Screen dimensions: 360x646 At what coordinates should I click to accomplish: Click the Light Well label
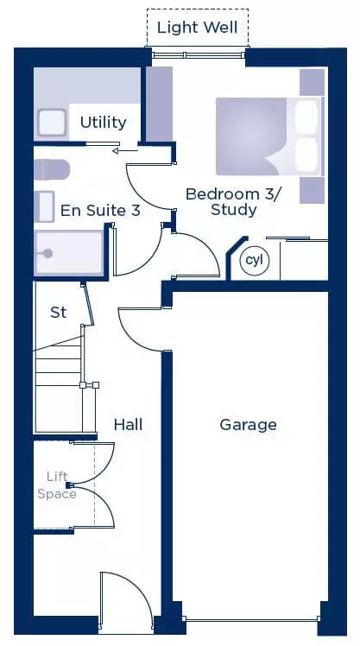coord(198,28)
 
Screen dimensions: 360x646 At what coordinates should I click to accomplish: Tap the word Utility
coord(103,123)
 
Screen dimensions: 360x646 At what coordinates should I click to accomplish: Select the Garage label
coord(248,425)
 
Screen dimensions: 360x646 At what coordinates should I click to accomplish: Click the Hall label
coord(128,424)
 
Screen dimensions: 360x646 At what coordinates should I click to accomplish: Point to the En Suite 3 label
coord(100,211)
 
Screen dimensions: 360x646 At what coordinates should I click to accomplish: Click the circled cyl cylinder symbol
coord(255,260)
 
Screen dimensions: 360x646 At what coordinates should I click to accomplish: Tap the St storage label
coord(58,313)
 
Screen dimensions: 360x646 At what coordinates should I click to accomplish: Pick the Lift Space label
coord(57,485)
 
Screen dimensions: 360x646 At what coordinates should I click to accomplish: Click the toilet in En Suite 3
coord(52,170)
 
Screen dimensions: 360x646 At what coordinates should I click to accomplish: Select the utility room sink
coord(52,123)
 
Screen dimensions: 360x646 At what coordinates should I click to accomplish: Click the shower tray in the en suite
coord(69,253)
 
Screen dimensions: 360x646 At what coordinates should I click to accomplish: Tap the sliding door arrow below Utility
coord(125,151)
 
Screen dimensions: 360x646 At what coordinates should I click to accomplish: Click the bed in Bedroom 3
coord(269,136)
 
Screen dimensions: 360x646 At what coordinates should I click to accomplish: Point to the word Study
coord(234,210)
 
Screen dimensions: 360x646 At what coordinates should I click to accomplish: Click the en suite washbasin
coord(45,206)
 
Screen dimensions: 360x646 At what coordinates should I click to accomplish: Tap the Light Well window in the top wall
coord(198,54)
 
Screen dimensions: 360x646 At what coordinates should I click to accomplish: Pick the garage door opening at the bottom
coord(251,619)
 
